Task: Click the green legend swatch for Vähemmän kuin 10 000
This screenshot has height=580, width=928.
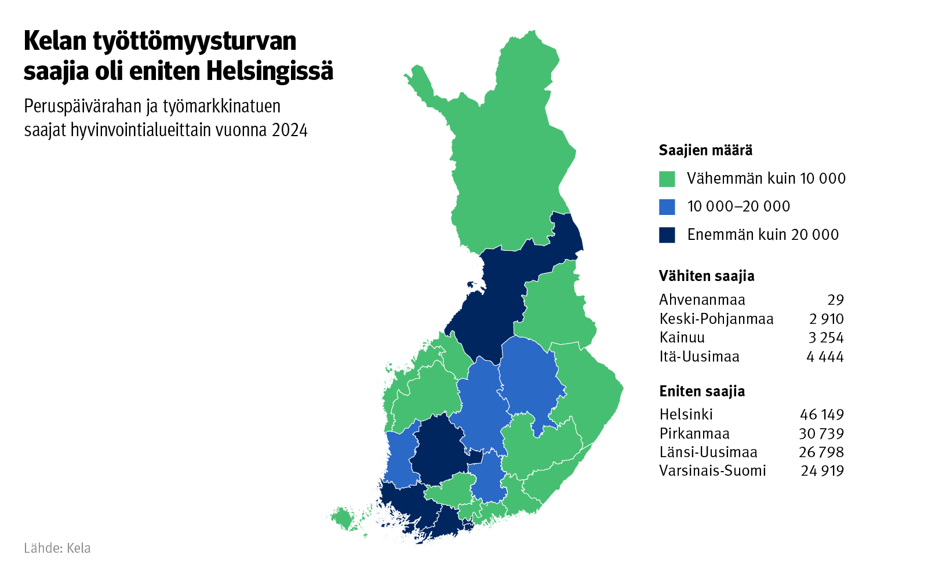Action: pyautogui.click(x=667, y=179)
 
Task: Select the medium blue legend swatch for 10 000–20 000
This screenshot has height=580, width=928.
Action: pyautogui.click(x=667, y=207)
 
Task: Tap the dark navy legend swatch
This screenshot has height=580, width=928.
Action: pyautogui.click(x=667, y=235)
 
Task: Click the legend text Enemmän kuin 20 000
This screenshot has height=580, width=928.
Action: pyautogui.click(x=763, y=235)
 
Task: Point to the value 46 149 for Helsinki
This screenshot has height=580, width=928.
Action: pyautogui.click(x=822, y=415)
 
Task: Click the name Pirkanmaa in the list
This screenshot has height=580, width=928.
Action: pyautogui.click(x=694, y=433)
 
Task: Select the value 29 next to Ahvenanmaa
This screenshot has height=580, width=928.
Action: pyautogui.click(x=835, y=300)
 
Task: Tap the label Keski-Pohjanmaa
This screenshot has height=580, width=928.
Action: pyautogui.click(x=716, y=319)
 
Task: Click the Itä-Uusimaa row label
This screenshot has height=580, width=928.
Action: pyautogui.click(x=700, y=357)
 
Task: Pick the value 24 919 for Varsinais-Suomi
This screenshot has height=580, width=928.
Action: pyautogui.click(x=822, y=471)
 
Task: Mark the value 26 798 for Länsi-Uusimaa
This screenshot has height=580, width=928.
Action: pyautogui.click(x=821, y=453)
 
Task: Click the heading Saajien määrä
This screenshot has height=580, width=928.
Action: pyautogui.click(x=705, y=151)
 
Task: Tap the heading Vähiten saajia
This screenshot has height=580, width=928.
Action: pyautogui.click(x=707, y=276)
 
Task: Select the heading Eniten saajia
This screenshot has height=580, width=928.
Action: pyautogui.click(x=702, y=392)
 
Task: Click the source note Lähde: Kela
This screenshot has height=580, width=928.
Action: pyautogui.click(x=57, y=548)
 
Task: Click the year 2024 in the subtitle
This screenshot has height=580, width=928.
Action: pyautogui.click(x=290, y=130)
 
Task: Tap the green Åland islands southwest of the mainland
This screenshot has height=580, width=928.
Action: pyautogui.click(x=344, y=517)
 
